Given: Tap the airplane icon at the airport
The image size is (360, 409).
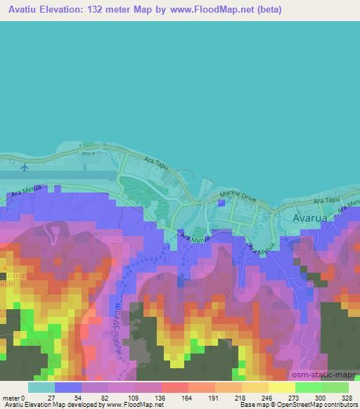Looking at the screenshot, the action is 26,167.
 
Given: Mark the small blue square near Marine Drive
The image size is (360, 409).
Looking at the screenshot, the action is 222,203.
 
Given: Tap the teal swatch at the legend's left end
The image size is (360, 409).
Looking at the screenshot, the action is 41,387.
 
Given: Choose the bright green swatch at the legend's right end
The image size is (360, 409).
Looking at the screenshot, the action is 335,387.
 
